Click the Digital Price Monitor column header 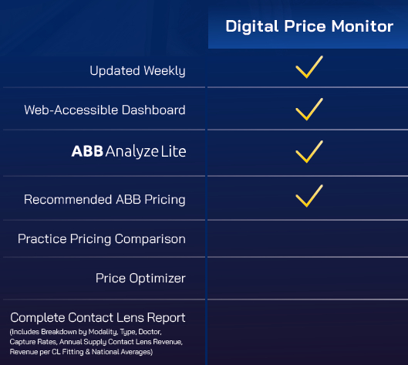click(309, 26)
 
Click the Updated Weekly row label click(137, 71)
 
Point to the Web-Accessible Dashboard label click(105, 110)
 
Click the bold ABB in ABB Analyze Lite click(87, 151)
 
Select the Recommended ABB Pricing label click(105, 200)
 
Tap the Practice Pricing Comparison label click(102, 239)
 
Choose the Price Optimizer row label click(140, 279)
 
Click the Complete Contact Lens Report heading click(98, 318)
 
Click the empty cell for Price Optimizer click(308, 279)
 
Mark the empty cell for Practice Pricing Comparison click(308, 238)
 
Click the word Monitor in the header click(362, 26)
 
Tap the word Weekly click(165, 71)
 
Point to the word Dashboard click(153, 110)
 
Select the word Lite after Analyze click(174, 151)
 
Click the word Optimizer click(157, 279)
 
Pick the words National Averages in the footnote click(122, 352)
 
